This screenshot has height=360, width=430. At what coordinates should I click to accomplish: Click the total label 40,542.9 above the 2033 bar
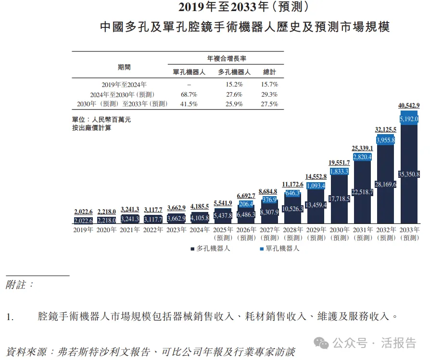point(409,106)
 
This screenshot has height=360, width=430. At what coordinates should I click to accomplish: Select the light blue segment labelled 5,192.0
point(409,118)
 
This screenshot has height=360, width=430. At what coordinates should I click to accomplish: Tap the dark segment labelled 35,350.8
point(409,174)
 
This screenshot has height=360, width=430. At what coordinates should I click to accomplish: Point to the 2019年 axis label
point(83,230)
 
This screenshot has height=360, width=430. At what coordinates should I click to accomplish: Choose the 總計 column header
point(270,72)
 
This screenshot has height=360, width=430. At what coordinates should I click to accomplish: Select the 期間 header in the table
point(124,67)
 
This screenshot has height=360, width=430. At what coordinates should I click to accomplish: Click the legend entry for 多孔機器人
point(210,248)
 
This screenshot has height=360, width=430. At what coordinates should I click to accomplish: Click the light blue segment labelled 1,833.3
point(339,171)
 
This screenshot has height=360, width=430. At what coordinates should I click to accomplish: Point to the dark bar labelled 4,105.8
point(200,218)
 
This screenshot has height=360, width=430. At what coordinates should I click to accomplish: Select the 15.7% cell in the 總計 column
point(270,85)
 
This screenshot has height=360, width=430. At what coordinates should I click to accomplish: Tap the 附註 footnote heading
point(20,285)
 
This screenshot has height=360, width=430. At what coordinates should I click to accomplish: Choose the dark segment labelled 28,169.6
point(386,184)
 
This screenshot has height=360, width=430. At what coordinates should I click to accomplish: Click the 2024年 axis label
point(200,230)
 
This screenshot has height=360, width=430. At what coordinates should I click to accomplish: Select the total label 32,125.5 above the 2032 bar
point(386,129)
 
